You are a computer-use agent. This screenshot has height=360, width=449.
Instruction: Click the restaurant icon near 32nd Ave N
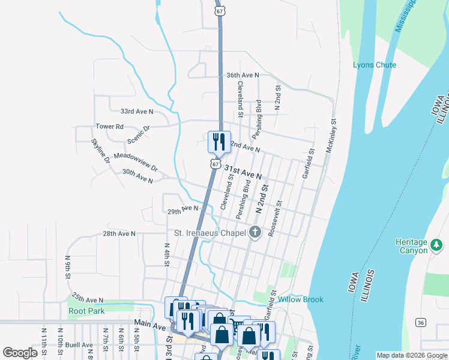click(218, 142)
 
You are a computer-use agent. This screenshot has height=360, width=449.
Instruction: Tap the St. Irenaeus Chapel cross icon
click(255, 232)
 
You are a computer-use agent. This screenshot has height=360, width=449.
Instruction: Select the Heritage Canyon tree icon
click(436, 245)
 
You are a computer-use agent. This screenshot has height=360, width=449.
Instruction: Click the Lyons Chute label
click(374, 65)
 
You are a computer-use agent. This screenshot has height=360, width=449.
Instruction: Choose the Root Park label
click(86, 311)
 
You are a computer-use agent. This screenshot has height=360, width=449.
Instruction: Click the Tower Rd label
click(109, 127)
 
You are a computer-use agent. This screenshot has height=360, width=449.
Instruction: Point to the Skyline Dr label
click(100, 151)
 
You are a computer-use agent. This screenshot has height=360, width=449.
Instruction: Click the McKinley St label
click(330, 135)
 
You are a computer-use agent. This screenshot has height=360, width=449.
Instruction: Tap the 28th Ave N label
click(119, 233)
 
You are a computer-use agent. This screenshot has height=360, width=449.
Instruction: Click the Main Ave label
click(149, 324)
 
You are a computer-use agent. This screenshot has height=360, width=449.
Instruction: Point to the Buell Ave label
click(79, 345)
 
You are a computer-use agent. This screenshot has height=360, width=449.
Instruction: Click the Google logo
click(20, 353)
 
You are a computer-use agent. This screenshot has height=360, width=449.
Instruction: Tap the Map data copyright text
click(412, 355)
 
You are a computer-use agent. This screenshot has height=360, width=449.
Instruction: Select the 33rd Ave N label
click(137, 112)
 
